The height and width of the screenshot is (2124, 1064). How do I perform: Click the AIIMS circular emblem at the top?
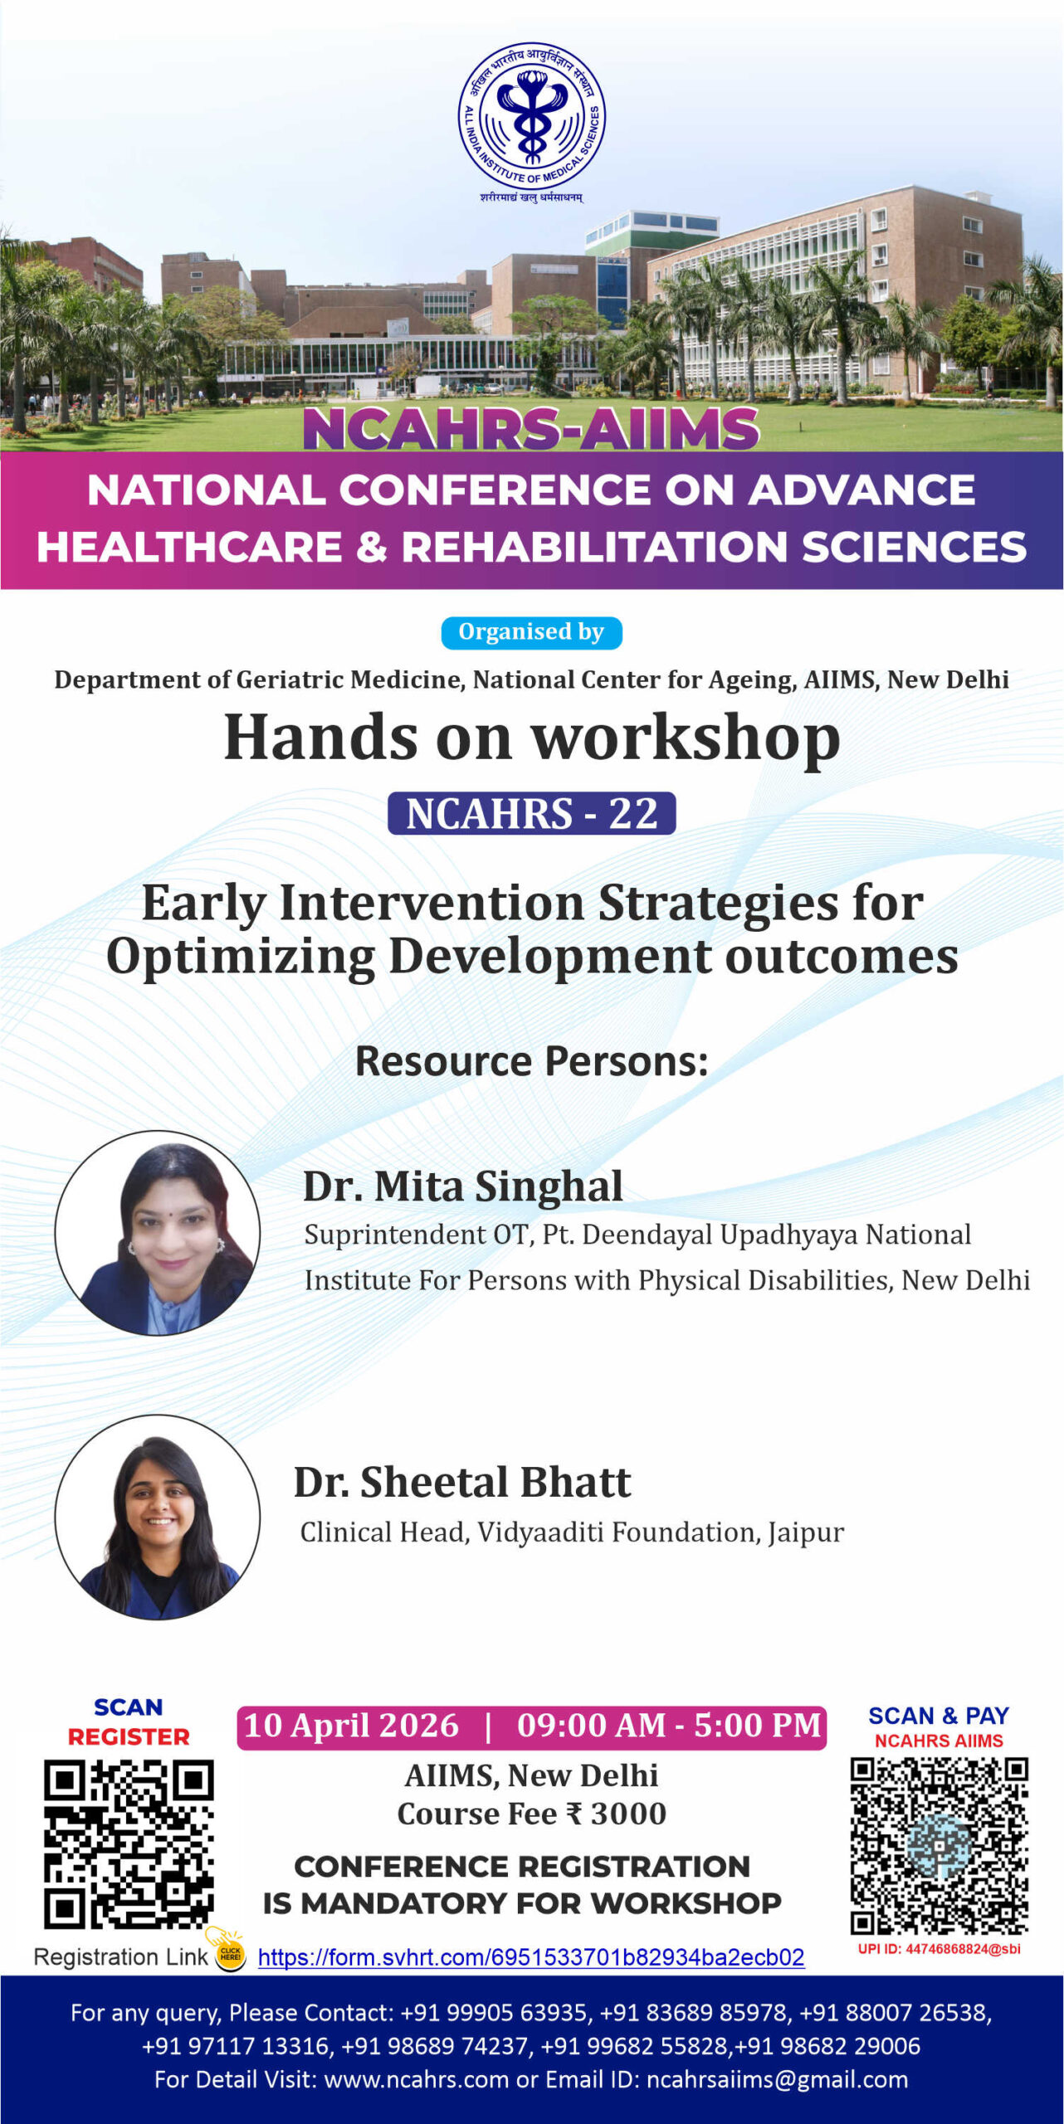[532, 117]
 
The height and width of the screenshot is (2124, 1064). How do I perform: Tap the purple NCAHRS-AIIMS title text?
[531, 429]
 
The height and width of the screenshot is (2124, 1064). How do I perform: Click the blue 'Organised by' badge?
[531, 632]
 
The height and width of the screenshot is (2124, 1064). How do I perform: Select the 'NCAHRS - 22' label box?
[531, 813]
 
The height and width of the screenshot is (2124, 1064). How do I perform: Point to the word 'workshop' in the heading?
[686, 738]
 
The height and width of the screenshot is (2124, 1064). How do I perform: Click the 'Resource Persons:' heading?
[531, 1061]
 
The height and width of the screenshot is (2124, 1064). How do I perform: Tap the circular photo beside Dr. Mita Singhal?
[158, 1233]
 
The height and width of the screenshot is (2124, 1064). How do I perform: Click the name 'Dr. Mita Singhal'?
[462, 1186]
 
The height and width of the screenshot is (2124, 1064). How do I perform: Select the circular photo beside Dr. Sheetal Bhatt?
[158, 1517]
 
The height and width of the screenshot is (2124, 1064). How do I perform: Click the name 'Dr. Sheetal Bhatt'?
[462, 1482]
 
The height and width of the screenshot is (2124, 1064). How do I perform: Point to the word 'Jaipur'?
[806, 1532]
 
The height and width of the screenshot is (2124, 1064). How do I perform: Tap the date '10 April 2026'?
[351, 1726]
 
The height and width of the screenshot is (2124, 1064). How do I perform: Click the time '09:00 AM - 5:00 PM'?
[668, 1726]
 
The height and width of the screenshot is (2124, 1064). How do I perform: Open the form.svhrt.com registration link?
[531, 1958]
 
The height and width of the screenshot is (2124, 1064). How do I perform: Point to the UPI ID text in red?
[939, 1949]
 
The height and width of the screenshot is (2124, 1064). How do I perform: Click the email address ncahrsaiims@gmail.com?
[777, 2079]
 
